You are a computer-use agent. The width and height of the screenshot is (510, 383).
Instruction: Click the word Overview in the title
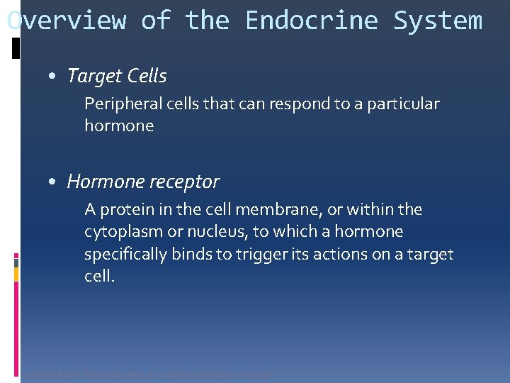(66, 21)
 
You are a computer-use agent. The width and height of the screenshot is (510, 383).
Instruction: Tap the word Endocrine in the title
(312, 21)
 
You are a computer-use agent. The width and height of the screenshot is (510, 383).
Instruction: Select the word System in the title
(438, 21)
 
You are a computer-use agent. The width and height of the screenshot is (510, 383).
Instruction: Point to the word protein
(125, 210)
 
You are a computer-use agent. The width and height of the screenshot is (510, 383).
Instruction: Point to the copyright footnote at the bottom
(147, 374)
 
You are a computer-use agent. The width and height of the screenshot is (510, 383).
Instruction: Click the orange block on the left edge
(16, 261)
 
